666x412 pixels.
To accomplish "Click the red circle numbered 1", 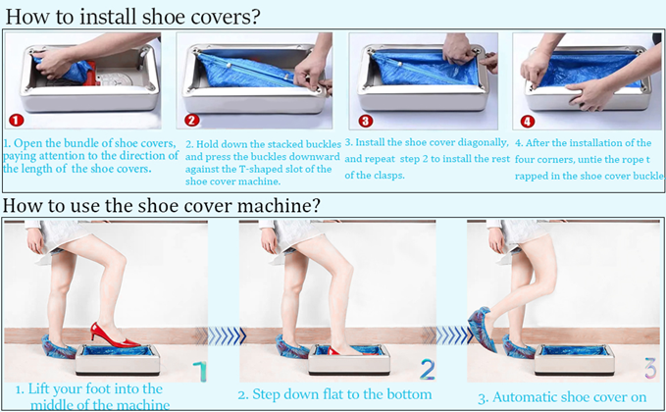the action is (16, 121).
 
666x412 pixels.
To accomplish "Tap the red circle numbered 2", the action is (191, 121).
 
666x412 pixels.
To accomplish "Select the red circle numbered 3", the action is (365, 121).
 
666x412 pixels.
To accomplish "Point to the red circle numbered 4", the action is (528, 122).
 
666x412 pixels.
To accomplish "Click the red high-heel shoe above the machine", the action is (114, 335).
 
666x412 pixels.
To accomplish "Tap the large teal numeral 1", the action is (200, 371).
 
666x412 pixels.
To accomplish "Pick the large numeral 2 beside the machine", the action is (428, 370).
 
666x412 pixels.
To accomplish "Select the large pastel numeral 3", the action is (650, 368).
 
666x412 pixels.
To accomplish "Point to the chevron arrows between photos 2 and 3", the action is (453, 335).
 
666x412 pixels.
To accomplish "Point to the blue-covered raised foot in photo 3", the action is (482, 329).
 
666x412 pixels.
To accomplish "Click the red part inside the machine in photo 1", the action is (91, 77).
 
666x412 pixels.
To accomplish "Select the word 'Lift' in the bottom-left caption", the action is (37, 388).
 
